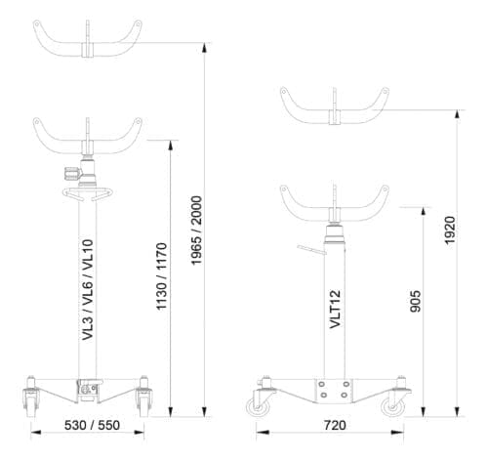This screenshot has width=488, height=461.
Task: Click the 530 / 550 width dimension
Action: (92, 425)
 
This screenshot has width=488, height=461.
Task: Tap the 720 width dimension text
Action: (335, 425)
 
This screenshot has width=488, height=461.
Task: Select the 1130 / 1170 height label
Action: (162, 276)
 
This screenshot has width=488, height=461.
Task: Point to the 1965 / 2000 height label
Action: (196, 230)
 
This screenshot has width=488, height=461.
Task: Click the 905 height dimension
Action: (416, 301)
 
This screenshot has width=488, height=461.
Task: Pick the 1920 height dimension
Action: (450, 230)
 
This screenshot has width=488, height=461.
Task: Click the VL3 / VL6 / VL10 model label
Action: (88, 290)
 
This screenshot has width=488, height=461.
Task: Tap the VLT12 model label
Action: (335, 309)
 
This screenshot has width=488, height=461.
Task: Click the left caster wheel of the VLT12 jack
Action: (258, 407)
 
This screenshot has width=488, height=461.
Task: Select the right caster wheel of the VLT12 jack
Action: (394, 407)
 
